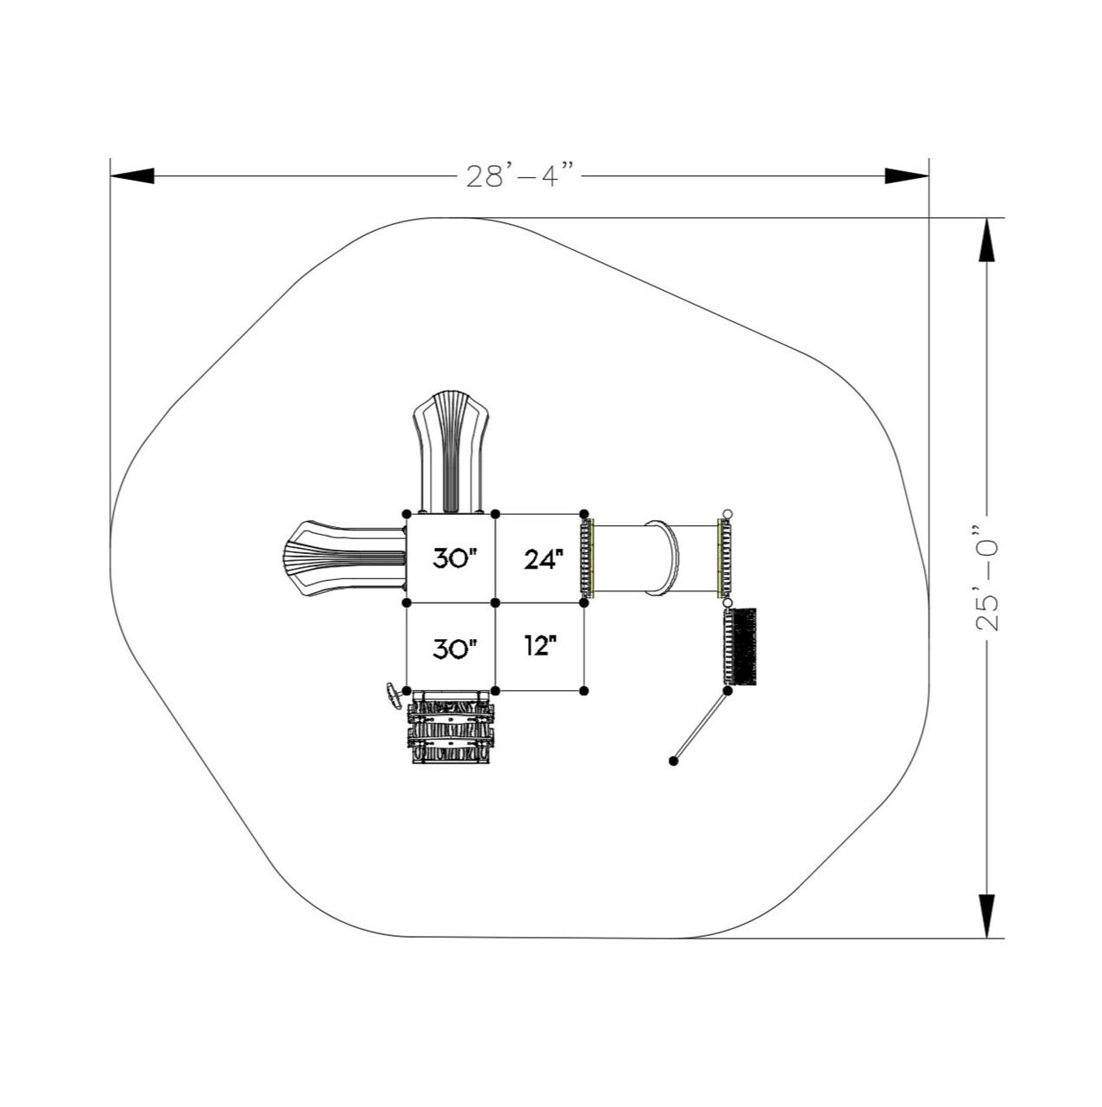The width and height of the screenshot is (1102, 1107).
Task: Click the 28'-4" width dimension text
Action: (x=519, y=175)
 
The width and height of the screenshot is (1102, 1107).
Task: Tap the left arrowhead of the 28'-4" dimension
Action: (x=132, y=175)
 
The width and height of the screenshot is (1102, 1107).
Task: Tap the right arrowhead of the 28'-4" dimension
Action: (x=907, y=175)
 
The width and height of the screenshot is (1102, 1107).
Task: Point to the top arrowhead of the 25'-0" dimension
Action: (x=987, y=241)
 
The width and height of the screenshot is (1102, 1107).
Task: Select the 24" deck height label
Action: (x=543, y=559)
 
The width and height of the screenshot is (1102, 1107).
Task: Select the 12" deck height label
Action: (x=540, y=645)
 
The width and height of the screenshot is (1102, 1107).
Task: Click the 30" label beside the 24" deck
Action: (x=455, y=558)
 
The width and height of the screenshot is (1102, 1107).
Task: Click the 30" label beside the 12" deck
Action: (x=455, y=648)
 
